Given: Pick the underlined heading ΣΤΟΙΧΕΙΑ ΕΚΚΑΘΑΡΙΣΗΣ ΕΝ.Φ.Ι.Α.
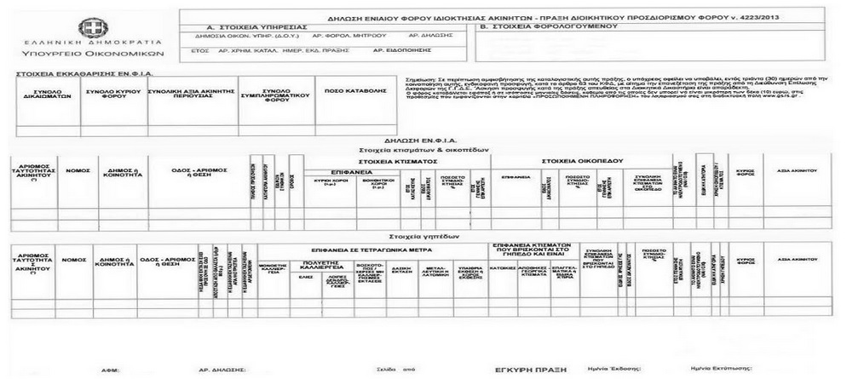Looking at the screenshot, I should click(75, 74).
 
